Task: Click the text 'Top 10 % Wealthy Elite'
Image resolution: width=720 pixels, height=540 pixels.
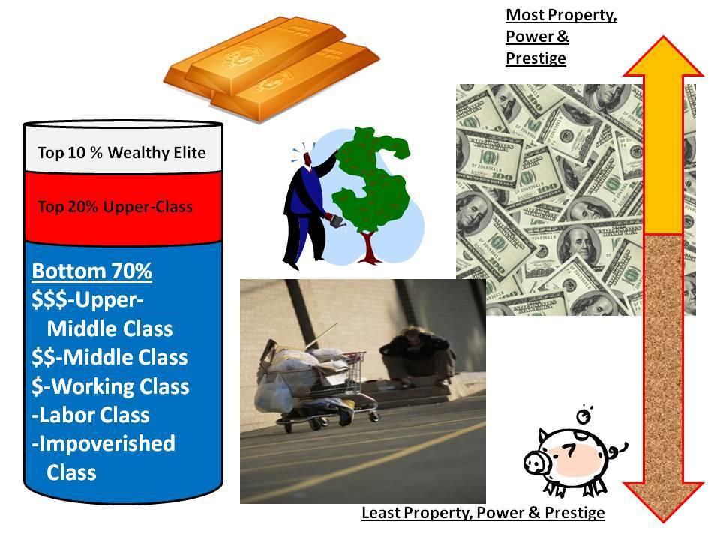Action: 121,153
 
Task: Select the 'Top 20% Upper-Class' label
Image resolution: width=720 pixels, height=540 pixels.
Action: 115,207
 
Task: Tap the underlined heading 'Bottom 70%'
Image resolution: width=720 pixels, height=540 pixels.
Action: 91,271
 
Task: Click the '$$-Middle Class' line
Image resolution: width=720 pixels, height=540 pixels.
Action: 109,357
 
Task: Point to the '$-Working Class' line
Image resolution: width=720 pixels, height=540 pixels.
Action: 110,386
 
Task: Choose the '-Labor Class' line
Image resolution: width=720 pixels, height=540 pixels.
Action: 91,415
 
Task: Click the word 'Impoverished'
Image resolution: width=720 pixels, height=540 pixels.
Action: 106,443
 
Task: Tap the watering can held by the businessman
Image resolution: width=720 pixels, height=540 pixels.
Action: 337,222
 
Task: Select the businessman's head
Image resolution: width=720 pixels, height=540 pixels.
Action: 307,159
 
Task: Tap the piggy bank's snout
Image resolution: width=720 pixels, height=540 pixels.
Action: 535,463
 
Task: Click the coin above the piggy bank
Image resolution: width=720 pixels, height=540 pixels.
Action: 584,416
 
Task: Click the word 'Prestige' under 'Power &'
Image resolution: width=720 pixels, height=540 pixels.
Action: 535,58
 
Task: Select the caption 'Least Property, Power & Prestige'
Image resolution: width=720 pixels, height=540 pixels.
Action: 483,513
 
